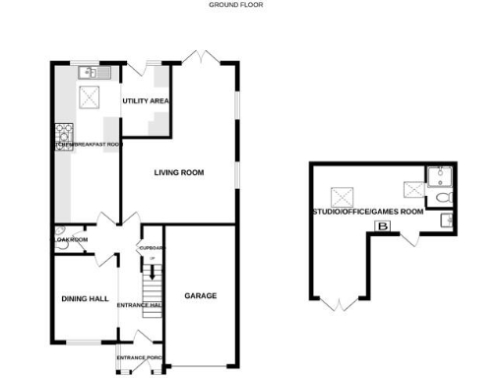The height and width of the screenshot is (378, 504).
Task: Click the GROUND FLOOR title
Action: point(235,5)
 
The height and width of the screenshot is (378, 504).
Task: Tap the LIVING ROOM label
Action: point(179,173)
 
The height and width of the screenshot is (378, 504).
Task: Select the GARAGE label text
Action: point(200,295)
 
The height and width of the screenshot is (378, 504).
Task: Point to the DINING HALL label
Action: point(85,299)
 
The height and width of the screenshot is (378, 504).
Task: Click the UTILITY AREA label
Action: point(146,101)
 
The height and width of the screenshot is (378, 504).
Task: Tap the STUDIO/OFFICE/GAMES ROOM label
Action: point(367,211)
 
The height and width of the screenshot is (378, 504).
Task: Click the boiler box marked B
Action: point(382,227)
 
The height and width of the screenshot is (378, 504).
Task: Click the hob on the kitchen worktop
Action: point(64,132)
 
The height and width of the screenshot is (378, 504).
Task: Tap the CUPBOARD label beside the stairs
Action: point(150,248)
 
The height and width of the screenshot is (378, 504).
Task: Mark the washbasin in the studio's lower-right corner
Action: point(446,221)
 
